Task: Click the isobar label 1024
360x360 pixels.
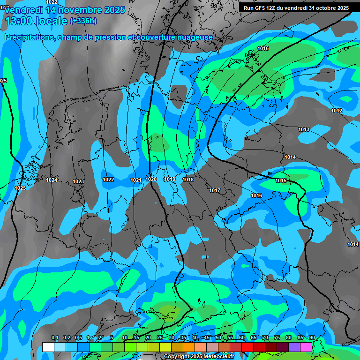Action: point(52,180)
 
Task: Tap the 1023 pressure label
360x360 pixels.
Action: point(78,181)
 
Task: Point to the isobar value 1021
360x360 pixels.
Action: point(136,180)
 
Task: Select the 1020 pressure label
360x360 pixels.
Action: point(151,179)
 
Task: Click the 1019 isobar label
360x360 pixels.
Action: point(170,180)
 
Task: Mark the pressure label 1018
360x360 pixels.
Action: point(188,180)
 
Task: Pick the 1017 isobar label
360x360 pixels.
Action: point(215,190)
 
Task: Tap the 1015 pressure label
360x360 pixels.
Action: point(281,180)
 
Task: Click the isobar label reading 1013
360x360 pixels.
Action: point(304,129)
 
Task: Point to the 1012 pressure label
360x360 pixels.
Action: point(337,111)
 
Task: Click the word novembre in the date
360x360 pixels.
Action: point(76,10)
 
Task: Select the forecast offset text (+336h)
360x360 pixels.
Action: point(83,21)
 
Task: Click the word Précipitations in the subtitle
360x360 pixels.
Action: point(29,37)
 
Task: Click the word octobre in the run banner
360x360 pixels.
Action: point(324,8)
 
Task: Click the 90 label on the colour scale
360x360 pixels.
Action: point(312,338)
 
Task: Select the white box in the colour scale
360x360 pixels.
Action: point(48,347)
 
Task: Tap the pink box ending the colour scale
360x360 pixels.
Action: point(306,347)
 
